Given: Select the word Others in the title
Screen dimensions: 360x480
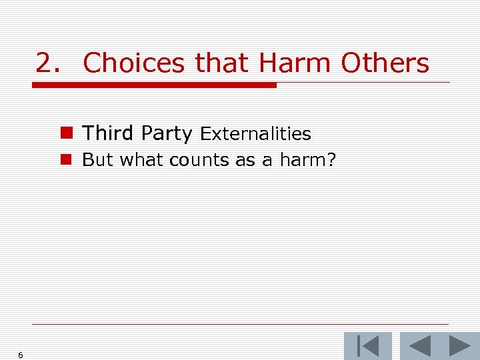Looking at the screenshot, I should click(x=385, y=63).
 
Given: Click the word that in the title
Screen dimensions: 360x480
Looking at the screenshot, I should click(x=221, y=63).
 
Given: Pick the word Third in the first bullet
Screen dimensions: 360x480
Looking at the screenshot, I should click(x=108, y=133).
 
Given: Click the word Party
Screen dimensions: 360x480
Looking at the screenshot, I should click(x=167, y=133).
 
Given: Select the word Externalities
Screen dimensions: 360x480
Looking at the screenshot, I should click(x=255, y=134).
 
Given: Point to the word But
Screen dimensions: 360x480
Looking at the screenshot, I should click(x=97, y=160).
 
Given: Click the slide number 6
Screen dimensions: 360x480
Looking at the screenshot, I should click(x=21, y=355).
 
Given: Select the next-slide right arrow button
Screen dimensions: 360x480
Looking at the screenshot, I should click(x=459, y=346).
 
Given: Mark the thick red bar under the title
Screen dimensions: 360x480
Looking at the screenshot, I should click(x=154, y=85).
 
